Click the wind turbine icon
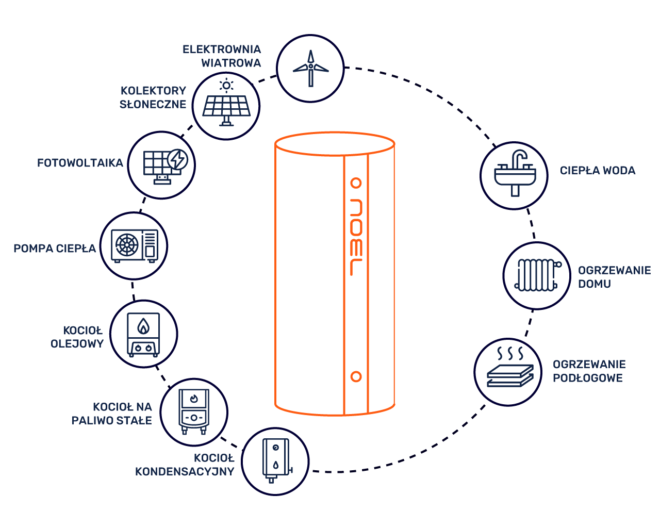311,69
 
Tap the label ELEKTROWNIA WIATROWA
221,56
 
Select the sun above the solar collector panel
226,86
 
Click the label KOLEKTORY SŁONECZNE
153,97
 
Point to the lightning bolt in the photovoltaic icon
177,159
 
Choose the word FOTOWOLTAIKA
80,163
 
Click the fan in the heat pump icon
127,245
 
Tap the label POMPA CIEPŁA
55,248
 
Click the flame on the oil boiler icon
143,326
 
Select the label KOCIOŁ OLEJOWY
77,337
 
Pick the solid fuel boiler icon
194,411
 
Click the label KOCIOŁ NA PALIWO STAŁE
112,414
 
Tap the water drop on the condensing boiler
276,465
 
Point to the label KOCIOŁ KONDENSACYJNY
185,465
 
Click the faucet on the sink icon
519,159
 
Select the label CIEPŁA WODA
598,171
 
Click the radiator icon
538,275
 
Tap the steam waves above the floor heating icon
510,353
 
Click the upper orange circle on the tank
356,183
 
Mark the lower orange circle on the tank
356,376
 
